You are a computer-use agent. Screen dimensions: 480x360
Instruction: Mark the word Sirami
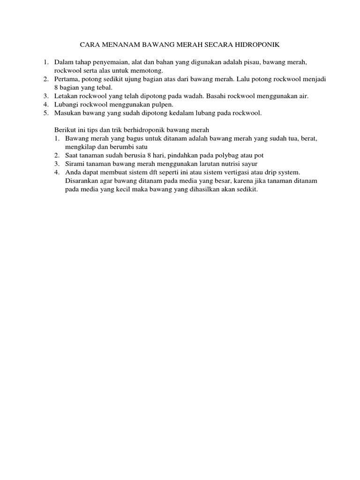(x=75, y=163)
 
